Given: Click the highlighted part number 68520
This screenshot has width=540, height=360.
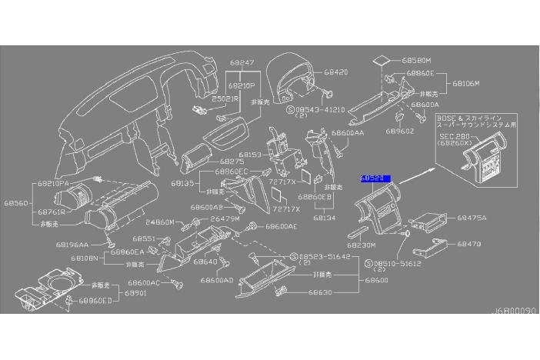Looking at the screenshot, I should (375, 178).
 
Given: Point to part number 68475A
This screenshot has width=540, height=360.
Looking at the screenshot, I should (472, 218).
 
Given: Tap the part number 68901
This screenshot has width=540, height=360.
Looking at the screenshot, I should (135, 293).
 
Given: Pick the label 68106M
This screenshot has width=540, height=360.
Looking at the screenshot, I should (466, 82).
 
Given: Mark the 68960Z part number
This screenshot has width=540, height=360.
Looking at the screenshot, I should (422, 132).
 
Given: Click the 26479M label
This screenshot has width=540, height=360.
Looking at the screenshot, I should (225, 219).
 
